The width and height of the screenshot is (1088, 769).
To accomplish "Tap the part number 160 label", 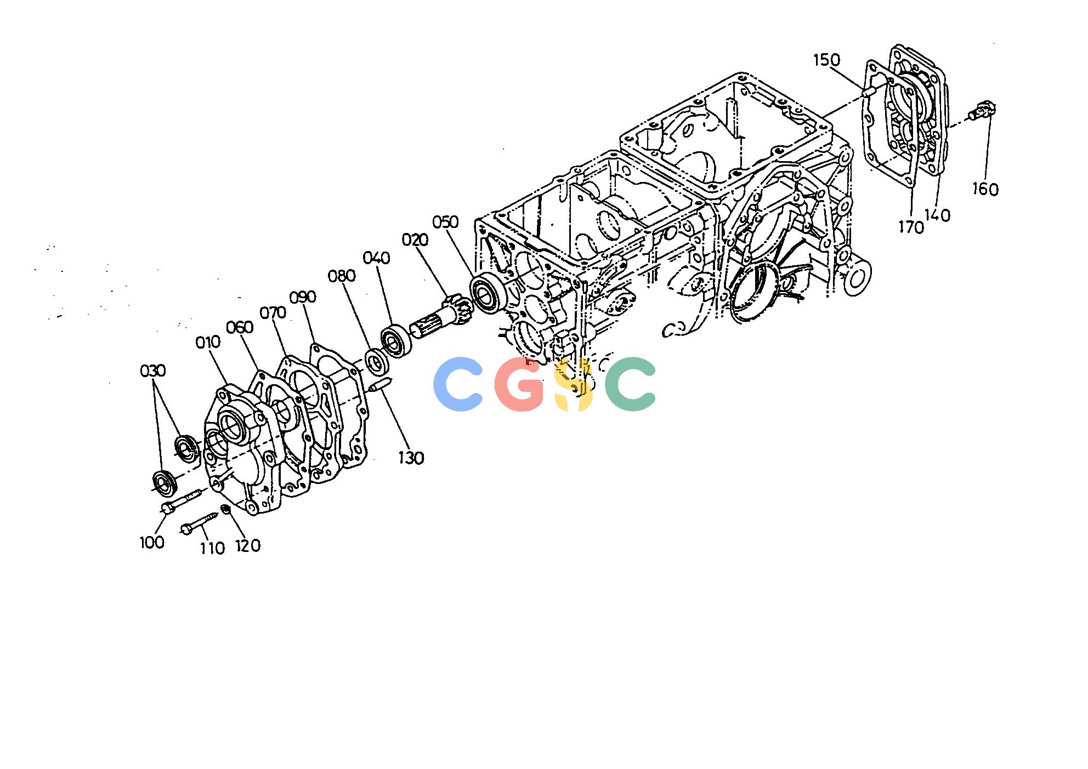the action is point(985,189).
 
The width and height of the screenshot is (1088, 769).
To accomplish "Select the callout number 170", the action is point(911,227).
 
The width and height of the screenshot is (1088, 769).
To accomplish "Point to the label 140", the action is point(937,215).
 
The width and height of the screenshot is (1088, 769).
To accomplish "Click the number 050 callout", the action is point(445,221).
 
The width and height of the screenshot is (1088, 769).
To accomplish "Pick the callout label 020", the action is point(415,240).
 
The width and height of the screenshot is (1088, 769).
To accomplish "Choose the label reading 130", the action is point(411,458).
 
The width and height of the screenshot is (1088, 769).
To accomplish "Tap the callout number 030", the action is point(153,371).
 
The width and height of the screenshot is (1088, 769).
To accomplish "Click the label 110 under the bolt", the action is point(212,548).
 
